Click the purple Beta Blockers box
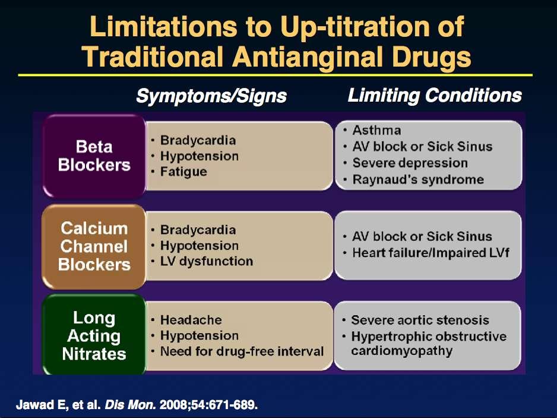pyautogui.click(x=94, y=156)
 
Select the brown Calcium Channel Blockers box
pyautogui.click(x=94, y=247)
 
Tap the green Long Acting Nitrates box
pyautogui.click(x=94, y=335)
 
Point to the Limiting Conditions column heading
pyautogui.click(x=435, y=95)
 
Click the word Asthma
pyautogui.click(x=376, y=130)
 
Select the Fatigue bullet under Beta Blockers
pyautogui.click(x=183, y=172)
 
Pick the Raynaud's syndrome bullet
pyautogui.click(x=418, y=180)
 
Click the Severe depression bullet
pyautogui.click(x=410, y=163)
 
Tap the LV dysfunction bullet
pyautogui.click(x=207, y=261)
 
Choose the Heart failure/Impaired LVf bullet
pyautogui.click(x=431, y=253)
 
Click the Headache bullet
pyautogui.click(x=191, y=320)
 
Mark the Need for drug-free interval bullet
pyautogui.click(x=242, y=351)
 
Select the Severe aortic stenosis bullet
pyautogui.click(x=420, y=320)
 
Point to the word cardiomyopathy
pyautogui.click(x=402, y=351)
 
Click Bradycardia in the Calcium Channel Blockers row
pyautogui.click(x=198, y=230)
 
